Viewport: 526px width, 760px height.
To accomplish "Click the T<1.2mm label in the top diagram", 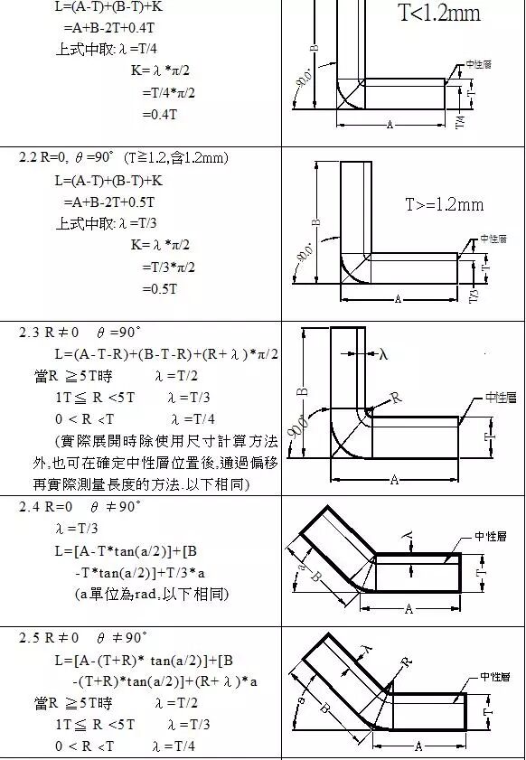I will click(x=439, y=14).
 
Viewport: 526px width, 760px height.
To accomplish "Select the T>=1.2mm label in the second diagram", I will click(x=443, y=205).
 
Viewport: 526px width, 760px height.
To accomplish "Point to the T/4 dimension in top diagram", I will click(x=462, y=119).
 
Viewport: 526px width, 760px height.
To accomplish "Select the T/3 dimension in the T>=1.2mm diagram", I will click(x=474, y=295).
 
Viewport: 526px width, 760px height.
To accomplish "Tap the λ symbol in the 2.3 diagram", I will click(x=383, y=355).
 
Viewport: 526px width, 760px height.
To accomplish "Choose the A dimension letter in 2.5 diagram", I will click(x=418, y=746).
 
